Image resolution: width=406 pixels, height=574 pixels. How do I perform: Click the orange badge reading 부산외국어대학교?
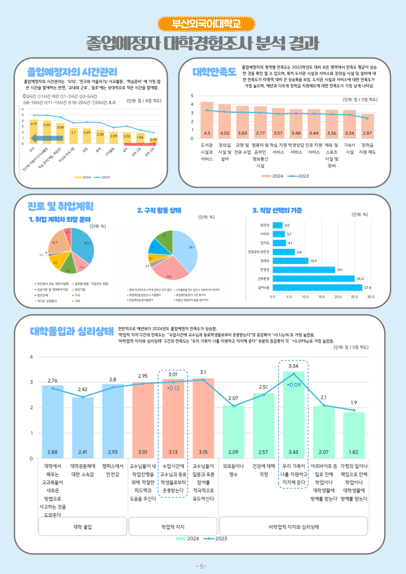(x=206, y=24)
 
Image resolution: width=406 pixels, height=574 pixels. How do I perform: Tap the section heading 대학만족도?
(x=214, y=72)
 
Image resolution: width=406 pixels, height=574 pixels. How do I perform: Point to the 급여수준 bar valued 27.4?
(x=317, y=288)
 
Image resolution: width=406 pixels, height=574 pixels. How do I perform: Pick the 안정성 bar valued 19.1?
(x=304, y=269)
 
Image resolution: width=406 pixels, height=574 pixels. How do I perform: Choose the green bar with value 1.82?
(x=354, y=435)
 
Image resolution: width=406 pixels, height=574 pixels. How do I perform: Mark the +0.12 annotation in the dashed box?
(x=173, y=388)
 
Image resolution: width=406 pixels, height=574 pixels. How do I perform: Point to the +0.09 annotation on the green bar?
(x=294, y=385)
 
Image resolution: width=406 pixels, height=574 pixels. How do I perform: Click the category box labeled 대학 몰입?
(x=82, y=527)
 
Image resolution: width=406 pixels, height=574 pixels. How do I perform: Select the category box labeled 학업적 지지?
(x=173, y=527)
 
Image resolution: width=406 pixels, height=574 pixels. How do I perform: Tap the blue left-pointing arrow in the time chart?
(x=47, y=138)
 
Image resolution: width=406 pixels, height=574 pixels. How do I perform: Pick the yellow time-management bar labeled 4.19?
(x=33, y=132)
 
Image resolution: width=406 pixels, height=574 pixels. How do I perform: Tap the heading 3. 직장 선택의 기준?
(x=277, y=210)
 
